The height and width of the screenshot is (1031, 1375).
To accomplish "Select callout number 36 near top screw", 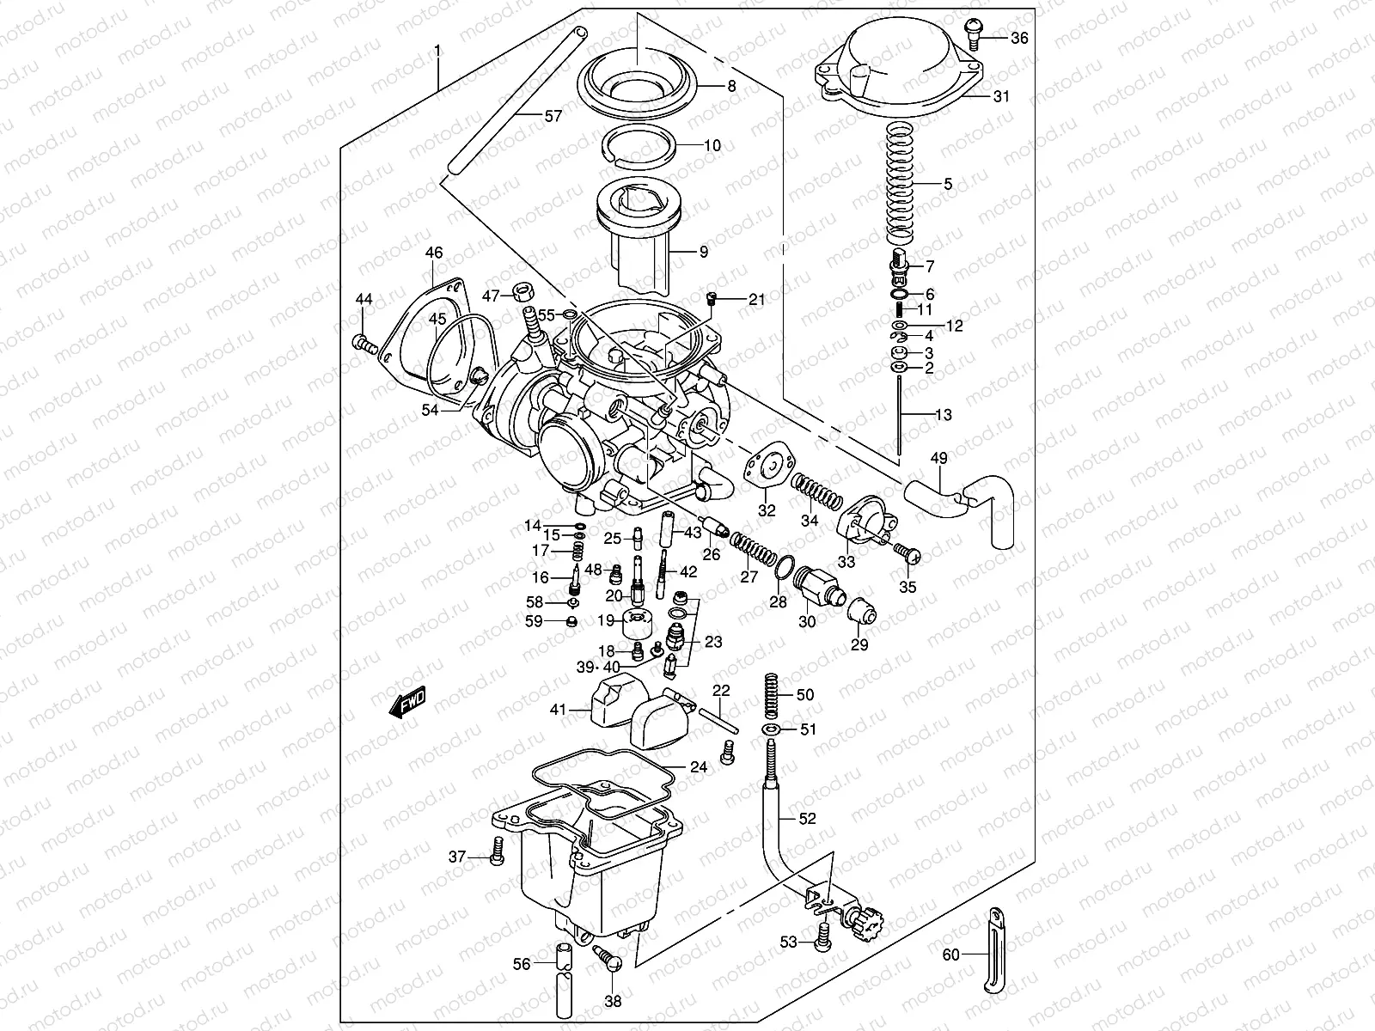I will [x=1018, y=38].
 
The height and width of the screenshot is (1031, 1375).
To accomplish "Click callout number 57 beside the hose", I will [x=553, y=115].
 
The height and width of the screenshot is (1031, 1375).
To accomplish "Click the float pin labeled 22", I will [x=718, y=717].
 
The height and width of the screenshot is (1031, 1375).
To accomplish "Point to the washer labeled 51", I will [x=771, y=729].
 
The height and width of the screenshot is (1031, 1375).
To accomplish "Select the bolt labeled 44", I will [x=364, y=345].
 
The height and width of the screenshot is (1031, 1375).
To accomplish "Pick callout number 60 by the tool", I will [x=950, y=954].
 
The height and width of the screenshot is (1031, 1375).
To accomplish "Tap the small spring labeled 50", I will [x=772, y=693].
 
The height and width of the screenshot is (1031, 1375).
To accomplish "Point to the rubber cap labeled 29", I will [x=859, y=613].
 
